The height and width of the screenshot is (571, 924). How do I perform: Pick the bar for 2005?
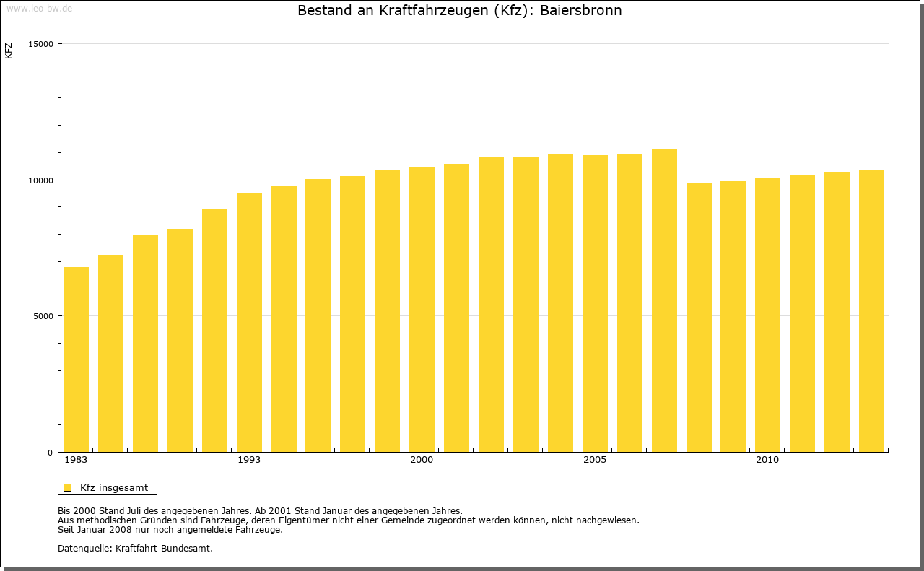click(595, 303)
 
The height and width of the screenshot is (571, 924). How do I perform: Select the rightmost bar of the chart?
click(871, 310)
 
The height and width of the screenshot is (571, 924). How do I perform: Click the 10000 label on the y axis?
click(42, 180)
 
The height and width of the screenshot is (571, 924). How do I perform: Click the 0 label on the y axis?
click(51, 453)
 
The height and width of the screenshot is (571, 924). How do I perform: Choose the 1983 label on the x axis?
click(76, 460)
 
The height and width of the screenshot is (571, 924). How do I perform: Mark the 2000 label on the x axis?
click(422, 460)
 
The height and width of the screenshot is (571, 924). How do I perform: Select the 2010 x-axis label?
click(767, 460)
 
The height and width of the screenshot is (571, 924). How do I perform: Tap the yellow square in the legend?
click(68, 487)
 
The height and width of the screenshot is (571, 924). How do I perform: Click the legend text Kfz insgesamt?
click(114, 487)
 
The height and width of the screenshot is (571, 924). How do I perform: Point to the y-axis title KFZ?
click(9, 51)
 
